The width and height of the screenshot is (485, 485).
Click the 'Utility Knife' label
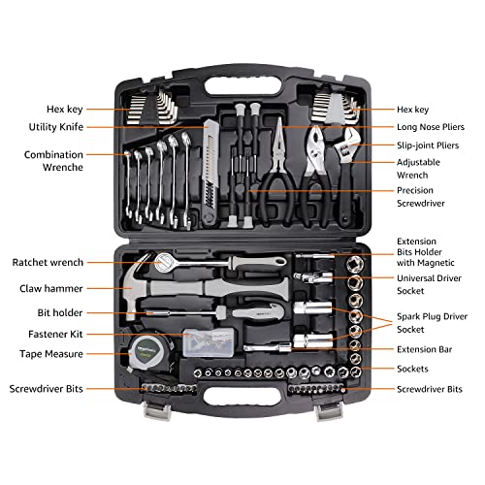pos(55,127)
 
